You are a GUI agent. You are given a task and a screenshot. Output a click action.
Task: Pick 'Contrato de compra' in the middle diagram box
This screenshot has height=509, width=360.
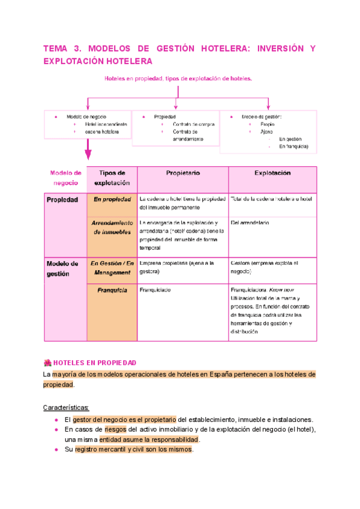point(193,124)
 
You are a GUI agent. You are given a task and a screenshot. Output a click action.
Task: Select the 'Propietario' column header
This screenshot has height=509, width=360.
point(183,173)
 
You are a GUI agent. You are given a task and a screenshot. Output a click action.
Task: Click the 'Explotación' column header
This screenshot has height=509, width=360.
point(272,173)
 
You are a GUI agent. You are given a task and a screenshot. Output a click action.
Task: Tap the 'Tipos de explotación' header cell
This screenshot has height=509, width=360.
point(112,178)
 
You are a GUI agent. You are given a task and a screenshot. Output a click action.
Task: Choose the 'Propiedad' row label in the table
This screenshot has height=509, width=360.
point(62,200)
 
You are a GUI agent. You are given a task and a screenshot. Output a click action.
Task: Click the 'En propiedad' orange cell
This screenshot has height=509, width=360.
point(112,199)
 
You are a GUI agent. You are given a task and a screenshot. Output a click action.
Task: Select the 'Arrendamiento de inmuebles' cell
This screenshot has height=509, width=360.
point(112,227)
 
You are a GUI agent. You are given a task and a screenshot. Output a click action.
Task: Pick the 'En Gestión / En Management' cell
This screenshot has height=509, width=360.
point(112,268)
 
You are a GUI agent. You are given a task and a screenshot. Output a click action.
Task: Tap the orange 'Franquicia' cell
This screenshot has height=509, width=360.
point(112,291)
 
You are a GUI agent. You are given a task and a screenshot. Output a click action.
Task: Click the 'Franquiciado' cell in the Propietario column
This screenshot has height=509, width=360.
point(155,290)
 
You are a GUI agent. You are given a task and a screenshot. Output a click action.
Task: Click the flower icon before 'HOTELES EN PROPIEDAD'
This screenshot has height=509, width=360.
point(48,363)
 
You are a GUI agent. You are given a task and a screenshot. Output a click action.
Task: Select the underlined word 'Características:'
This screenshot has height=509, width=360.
point(66,408)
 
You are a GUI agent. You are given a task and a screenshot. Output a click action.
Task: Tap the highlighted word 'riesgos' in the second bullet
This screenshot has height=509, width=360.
point(115,430)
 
